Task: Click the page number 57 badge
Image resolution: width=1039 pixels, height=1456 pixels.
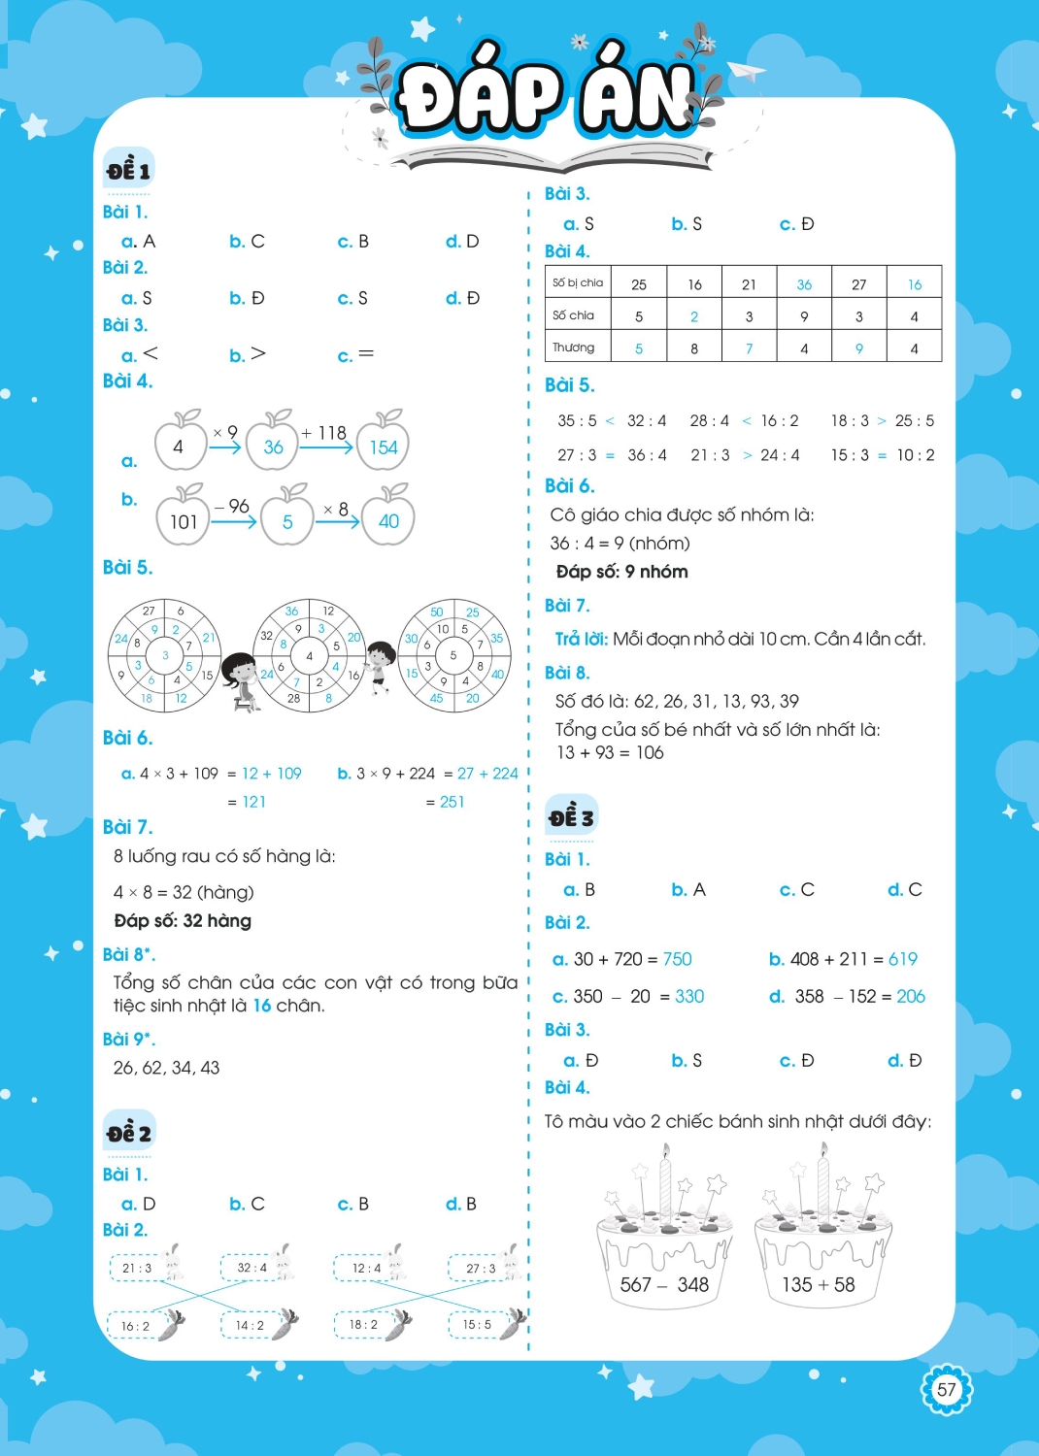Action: pyautogui.click(x=946, y=1389)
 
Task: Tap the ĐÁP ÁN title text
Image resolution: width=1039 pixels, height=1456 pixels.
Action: pyautogui.click(x=548, y=98)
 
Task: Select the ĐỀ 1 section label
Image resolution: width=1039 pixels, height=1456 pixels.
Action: pyautogui.click(x=129, y=171)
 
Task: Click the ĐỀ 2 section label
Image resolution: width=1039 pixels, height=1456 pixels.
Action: pyautogui.click(x=129, y=1133)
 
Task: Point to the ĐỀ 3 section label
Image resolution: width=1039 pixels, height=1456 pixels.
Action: pyautogui.click(x=571, y=817)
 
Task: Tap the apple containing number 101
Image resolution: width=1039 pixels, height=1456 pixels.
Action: pyautogui.click(x=184, y=518)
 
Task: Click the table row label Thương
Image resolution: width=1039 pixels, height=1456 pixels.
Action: pyautogui.click(x=574, y=347)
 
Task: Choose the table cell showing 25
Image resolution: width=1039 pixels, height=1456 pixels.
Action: pyautogui.click(x=638, y=284)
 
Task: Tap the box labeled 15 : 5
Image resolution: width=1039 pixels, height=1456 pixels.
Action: pyautogui.click(x=477, y=1324)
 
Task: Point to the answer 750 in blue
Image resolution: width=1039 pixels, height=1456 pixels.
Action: pyautogui.click(x=678, y=959)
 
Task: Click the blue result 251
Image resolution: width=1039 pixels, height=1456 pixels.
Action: pyautogui.click(x=452, y=802)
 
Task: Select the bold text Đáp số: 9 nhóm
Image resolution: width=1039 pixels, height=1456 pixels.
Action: pyautogui.click(x=621, y=572)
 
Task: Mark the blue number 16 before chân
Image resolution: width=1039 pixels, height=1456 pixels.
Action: pyautogui.click(x=262, y=1006)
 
